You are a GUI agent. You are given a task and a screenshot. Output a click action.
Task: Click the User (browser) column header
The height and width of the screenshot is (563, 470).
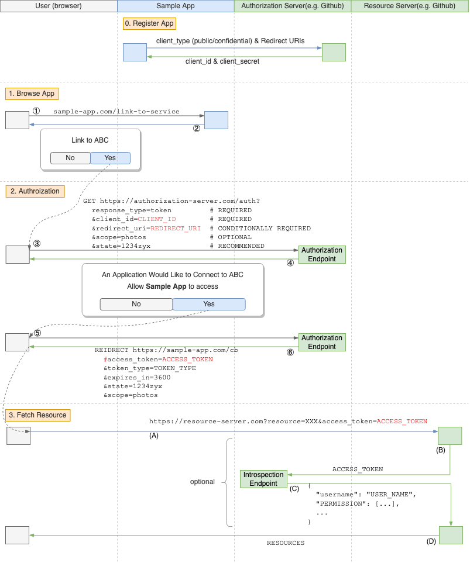pos(59,6)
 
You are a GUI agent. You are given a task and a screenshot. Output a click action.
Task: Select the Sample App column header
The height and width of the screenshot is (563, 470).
pos(176,6)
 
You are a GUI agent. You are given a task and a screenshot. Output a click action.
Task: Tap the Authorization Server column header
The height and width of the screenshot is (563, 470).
pos(293,6)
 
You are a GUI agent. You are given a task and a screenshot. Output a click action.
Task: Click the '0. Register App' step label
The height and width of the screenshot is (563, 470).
pos(149,23)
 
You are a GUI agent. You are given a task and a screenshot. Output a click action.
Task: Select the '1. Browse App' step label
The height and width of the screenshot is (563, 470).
pos(33,94)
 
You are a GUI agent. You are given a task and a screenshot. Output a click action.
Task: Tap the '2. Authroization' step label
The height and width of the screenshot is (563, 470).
pos(35,191)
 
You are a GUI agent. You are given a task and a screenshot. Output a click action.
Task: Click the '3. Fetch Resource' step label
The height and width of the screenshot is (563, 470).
pos(38,415)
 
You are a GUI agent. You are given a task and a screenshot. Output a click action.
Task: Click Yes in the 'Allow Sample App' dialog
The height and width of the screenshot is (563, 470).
pos(209,304)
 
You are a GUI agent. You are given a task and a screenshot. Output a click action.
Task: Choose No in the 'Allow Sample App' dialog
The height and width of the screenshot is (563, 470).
pos(136,304)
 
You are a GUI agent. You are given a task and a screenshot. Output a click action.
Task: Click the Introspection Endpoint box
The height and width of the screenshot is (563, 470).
pos(263,479)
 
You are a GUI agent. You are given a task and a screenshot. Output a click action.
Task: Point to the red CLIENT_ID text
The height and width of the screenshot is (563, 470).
pos(157,219)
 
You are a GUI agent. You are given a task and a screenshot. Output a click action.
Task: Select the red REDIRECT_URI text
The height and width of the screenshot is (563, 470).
pos(176,229)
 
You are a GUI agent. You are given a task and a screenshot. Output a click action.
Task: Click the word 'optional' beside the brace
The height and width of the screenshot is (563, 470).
pos(203,482)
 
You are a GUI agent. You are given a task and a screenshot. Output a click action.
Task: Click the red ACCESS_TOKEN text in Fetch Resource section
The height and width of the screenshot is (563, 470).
pos(402,421)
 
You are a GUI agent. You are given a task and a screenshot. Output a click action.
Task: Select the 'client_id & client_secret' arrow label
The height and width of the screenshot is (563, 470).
pos(222,61)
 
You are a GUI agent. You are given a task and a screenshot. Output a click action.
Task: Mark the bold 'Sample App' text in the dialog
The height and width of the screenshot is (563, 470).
pos(166,286)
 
